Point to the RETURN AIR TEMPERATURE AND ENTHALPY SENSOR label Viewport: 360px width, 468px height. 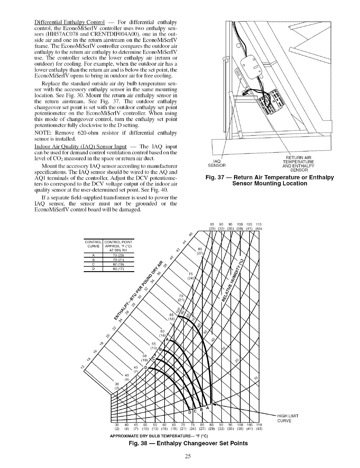[298, 164]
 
